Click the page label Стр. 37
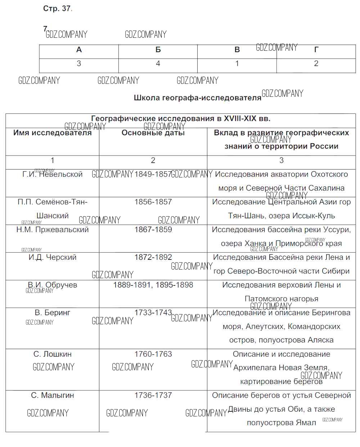click(57, 9)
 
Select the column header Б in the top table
click(158, 50)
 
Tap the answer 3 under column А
click(79, 64)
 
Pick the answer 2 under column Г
click(316, 64)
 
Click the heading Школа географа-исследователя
click(197, 98)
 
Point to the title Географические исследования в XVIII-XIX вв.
click(181, 119)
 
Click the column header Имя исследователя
click(53, 133)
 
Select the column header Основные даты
click(153, 133)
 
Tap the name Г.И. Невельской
click(53, 175)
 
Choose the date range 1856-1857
click(153, 202)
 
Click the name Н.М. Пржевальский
click(53, 230)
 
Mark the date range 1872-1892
click(153, 257)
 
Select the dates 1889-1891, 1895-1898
click(153, 285)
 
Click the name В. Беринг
click(53, 313)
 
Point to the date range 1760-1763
click(153, 354)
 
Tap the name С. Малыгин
click(53, 395)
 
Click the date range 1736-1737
click(153, 395)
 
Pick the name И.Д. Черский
click(53, 257)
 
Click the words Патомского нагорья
click(281, 299)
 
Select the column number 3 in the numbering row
click(281, 161)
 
